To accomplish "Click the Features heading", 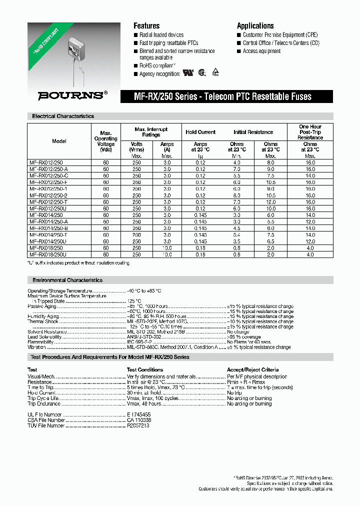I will click(x=146, y=26).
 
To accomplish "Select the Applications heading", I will click(x=255, y=26).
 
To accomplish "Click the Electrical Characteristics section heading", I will click(x=63, y=116).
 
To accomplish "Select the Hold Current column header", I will click(x=200, y=132).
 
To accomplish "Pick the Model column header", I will click(x=59, y=141).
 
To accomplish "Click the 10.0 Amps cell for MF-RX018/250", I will click(x=167, y=248).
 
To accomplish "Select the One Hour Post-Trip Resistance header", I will click(x=310, y=132).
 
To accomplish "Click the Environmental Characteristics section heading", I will click(x=67, y=280).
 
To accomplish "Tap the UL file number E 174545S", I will click(x=138, y=415).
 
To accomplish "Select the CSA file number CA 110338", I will click(x=139, y=420).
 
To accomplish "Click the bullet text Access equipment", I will click(x=261, y=51).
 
